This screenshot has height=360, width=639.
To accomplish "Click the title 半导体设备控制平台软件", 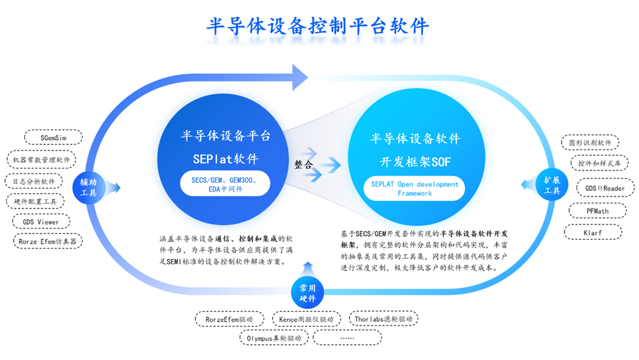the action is click(318, 26).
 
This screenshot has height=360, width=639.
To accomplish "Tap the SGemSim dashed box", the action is click(54, 137).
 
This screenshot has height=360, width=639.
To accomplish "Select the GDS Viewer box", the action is click(41, 222).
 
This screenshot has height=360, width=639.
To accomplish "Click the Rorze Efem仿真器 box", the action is click(48, 241).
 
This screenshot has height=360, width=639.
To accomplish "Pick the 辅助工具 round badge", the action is click(88, 187).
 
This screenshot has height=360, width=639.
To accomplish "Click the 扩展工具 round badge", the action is click(552, 185).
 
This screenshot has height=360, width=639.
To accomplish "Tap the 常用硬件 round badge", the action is click(308, 293).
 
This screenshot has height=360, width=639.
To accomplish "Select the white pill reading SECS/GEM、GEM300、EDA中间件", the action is click(225, 184).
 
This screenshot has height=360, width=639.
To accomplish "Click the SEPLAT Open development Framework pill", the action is click(415, 189).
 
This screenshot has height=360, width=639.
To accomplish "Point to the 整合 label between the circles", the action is click(304, 164).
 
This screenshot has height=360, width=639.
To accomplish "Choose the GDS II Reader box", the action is click(605, 188).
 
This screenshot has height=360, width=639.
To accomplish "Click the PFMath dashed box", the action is click(597, 211).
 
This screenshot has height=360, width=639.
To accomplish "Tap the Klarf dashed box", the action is click(593, 232).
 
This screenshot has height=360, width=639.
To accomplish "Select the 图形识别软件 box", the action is click(590, 143).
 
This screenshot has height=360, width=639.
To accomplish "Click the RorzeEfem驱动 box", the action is click(229, 319).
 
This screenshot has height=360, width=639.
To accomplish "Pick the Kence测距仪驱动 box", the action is click(306, 319).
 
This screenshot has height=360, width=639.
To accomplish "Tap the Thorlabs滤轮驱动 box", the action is click(383, 319).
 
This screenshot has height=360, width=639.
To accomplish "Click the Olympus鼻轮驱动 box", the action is click(274, 338).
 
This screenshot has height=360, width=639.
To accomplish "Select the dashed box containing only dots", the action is click(347, 338).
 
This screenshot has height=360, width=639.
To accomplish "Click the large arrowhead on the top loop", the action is click(300, 77).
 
